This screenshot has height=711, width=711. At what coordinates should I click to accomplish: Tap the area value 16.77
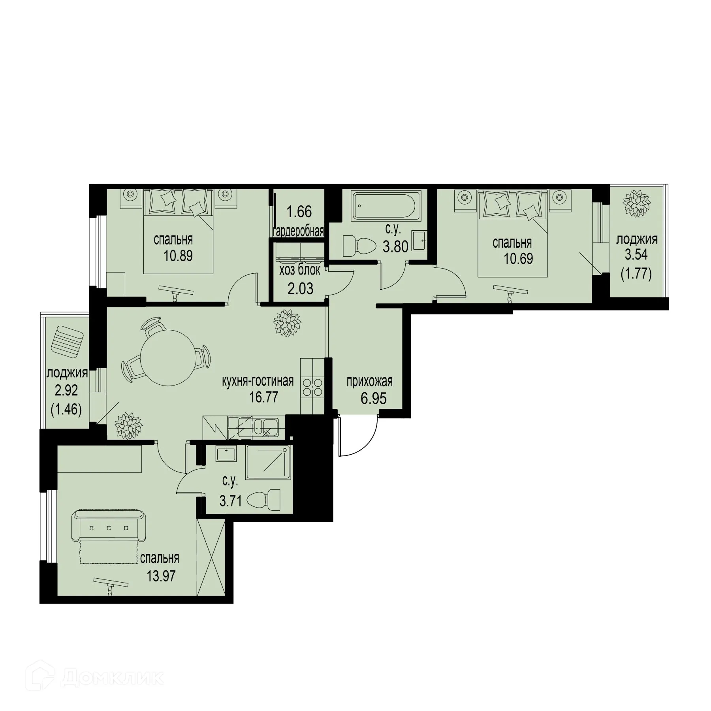(x=264, y=397)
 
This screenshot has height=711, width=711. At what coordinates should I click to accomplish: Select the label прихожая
(x=369, y=382)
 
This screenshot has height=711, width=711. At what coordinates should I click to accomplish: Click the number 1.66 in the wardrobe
(x=299, y=212)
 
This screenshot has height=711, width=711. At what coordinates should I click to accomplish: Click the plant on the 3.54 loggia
(x=636, y=203)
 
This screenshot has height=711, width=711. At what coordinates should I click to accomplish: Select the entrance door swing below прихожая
(x=357, y=436)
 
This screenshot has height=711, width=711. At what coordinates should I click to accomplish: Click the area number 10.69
(x=518, y=259)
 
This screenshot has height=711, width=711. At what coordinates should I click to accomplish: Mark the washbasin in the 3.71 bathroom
(x=226, y=454)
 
